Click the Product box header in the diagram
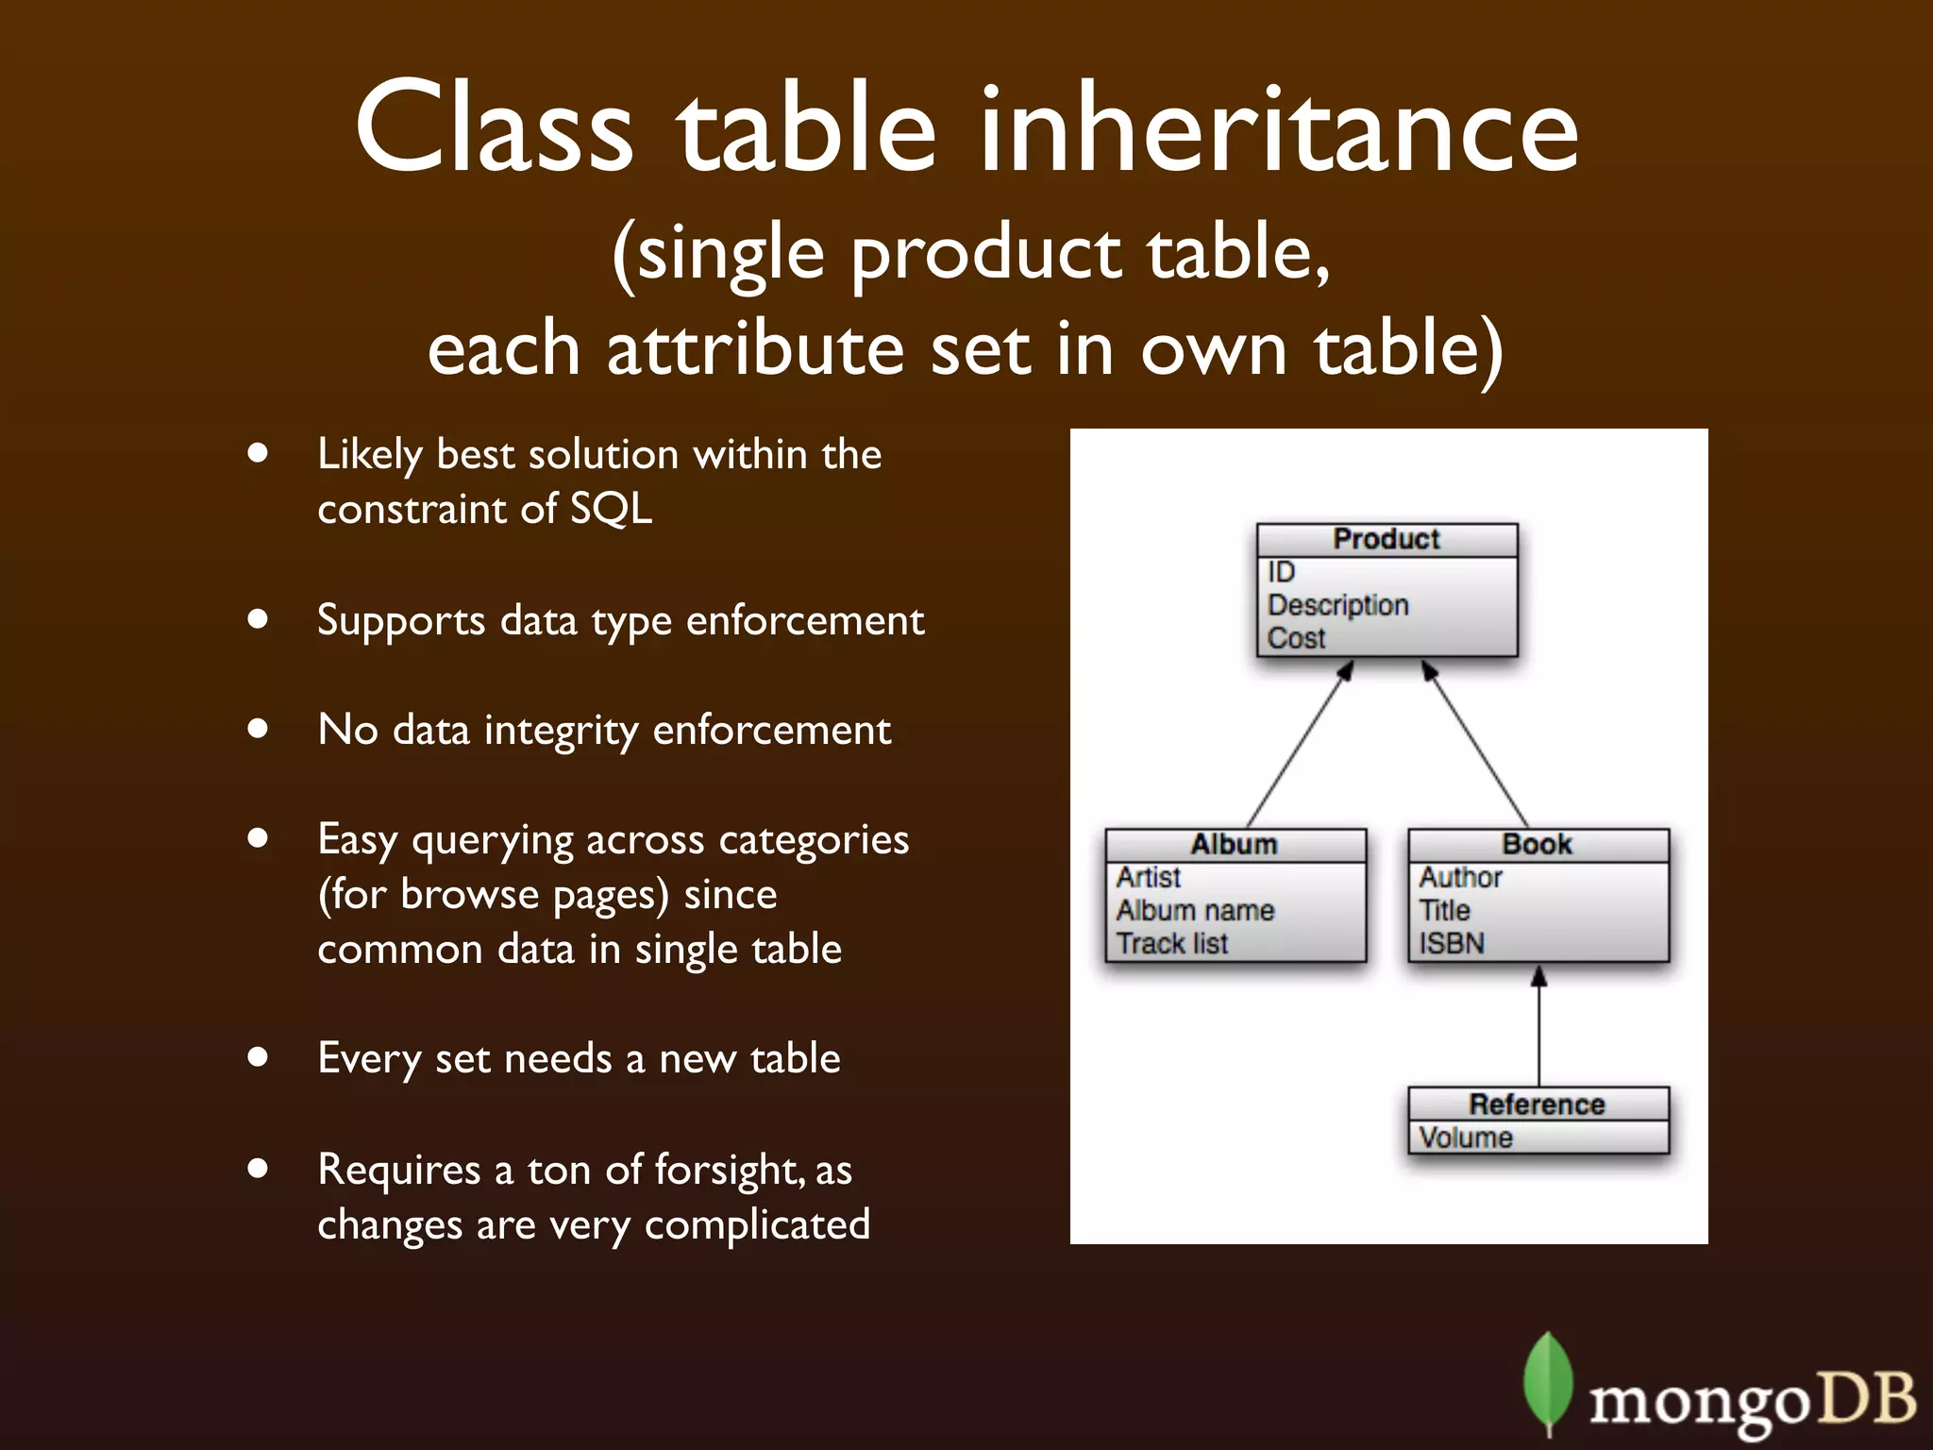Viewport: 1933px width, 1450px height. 1387,539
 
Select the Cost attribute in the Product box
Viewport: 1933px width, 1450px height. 1296,638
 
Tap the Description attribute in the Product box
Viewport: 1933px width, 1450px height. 1337,605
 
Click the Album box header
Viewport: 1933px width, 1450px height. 1234,844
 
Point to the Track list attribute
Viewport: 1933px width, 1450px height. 1172,943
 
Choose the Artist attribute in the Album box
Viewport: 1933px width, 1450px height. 1148,877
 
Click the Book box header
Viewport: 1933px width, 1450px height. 1538,844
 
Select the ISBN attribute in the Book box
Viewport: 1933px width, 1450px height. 1452,943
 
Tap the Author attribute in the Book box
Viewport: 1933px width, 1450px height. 1460,877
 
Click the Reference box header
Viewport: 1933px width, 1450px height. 1538,1104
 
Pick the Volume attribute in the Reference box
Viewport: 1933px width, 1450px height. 1466,1138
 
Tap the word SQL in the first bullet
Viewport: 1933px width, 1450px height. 611,509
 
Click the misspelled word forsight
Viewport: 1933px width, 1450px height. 731,1170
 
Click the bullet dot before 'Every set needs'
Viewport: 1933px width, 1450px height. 258,1057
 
